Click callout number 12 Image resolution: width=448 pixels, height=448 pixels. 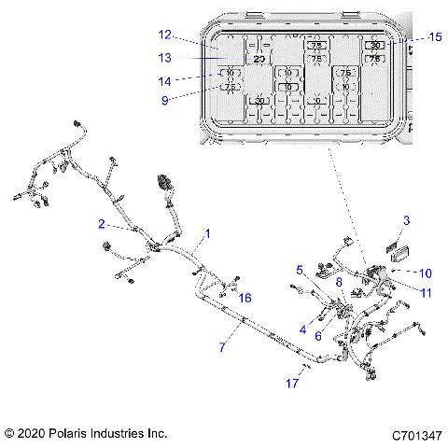point(164,35)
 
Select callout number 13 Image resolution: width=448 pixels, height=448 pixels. point(164,57)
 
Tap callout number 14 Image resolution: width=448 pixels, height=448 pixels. point(164,80)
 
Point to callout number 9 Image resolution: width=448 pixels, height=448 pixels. point(164,101)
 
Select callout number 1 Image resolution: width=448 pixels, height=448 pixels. point(207,233)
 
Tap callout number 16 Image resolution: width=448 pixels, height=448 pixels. point(245,298)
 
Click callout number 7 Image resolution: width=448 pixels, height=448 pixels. point(222,347)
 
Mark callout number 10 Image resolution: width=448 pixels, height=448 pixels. point(426,273)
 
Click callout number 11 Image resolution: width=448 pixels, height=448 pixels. point(426,293)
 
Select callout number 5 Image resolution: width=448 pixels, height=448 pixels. point(300,270)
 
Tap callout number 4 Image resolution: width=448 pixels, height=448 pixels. point(303,328)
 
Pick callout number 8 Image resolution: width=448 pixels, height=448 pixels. point(339,281)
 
